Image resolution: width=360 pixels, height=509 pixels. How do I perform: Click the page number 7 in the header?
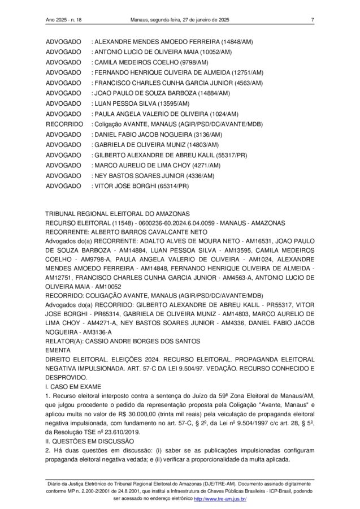pyautogui.click(x=312, y=20)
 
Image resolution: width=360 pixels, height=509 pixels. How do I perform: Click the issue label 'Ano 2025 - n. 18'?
pyautogui.click(x=64, y=20)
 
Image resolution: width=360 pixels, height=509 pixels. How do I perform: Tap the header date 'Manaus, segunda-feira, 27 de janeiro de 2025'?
pyautogui.click(x=180, y=20)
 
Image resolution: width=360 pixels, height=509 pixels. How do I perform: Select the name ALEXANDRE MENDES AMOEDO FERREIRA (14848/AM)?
pyautogui.click(x=174, y=42)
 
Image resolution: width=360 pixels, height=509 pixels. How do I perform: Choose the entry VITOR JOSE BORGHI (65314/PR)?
pyautogui.click(x=141, y=186)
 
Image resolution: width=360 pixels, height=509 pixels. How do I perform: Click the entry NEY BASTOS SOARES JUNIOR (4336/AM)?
pyautogui.click(x=154, y=175)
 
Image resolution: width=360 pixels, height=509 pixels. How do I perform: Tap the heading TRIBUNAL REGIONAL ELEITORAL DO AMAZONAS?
pyautogui.click(x=118, y=213)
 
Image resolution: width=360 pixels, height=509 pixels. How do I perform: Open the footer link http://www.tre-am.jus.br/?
pyautogui.click(x=220, y=499)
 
